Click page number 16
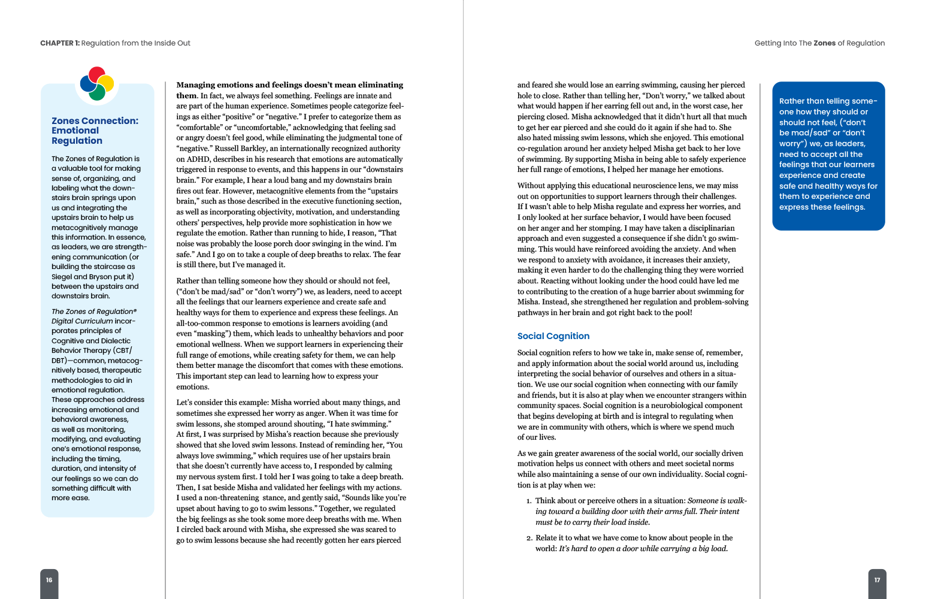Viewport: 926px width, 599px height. [49, 580]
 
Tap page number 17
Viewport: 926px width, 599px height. [877, 580]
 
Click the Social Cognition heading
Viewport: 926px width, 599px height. [553, 336]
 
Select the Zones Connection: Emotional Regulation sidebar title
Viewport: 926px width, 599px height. [95, 131]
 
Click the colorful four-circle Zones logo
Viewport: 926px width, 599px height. [97, 83]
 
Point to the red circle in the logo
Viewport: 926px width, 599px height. [97, 75]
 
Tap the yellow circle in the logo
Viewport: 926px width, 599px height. [105, 83]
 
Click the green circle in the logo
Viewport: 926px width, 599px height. [97, 92]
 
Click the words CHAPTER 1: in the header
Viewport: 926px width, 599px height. [59, 43]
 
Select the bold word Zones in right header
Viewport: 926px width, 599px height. [824, 43]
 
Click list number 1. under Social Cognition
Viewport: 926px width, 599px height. [529, 501]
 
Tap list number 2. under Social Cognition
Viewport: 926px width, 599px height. [529, 539]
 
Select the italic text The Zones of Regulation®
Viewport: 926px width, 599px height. [93, 311]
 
